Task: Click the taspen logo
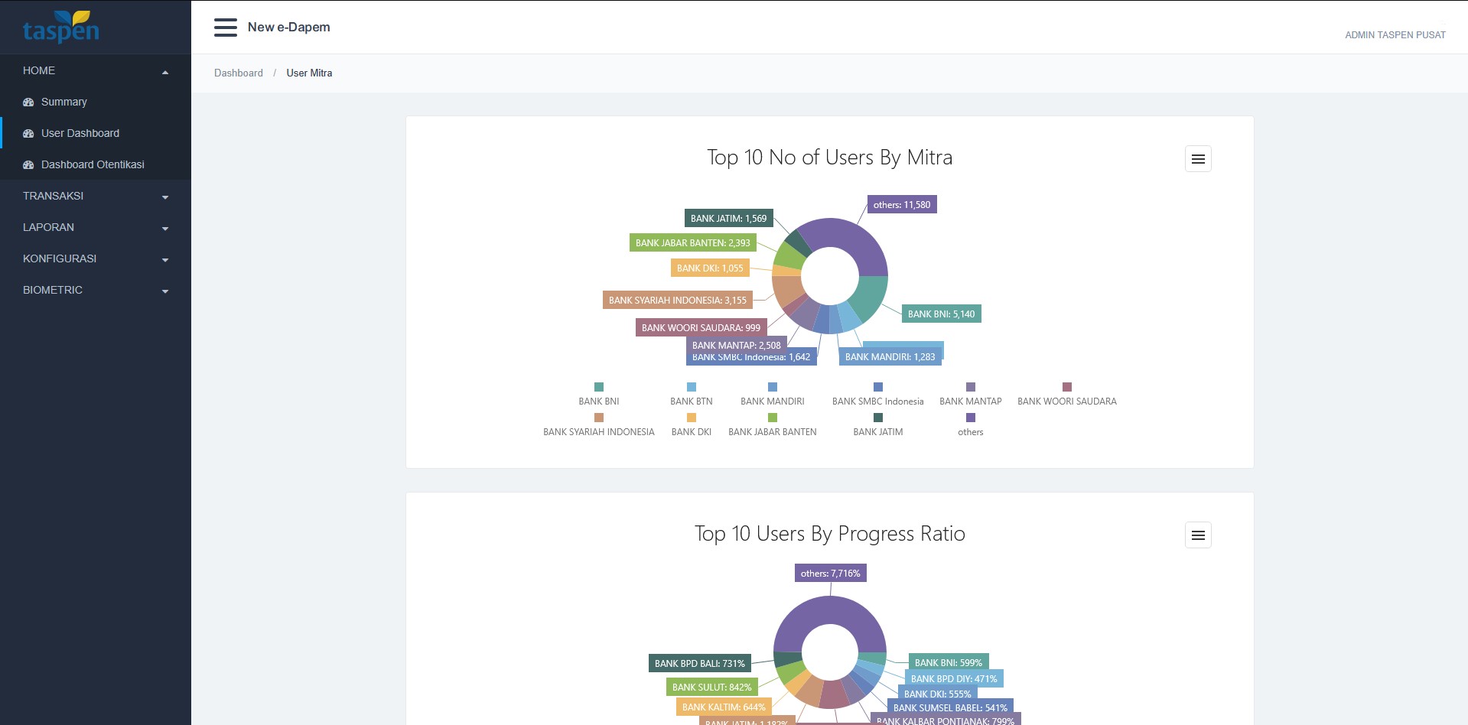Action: point(60,28)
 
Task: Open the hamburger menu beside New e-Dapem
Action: point(225,28)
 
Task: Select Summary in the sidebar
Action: point(63,102)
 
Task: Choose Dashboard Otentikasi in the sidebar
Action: point(92,164)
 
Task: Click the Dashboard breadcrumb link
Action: point(238,73)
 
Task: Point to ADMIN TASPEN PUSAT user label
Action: point(1395,35)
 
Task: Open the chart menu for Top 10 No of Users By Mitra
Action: point(1197,159)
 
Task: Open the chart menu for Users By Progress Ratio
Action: point(1197,535)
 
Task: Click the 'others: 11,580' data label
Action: point(901,205)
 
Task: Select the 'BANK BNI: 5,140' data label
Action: point(940,314)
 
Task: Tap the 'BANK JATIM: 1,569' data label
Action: point(727,219)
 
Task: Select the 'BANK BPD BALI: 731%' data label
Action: point(699,664)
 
